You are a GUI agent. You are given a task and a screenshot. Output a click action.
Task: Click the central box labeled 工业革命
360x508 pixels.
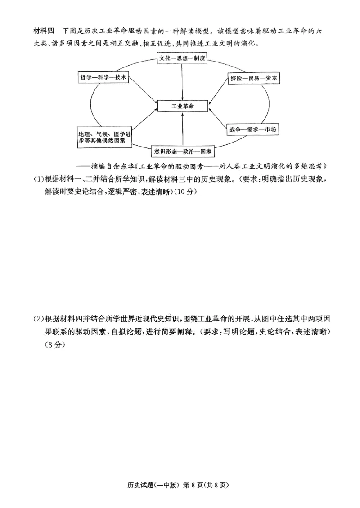tap(182, 106)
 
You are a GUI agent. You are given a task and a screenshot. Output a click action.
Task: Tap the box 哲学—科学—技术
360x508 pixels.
tap(103, 77)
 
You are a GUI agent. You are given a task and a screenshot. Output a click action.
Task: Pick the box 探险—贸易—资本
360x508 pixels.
tap(254, 78)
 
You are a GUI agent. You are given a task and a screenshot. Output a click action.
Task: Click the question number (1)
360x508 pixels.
tap(39, 179)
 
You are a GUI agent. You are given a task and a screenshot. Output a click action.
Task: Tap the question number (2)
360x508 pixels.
tap(39, 320)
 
